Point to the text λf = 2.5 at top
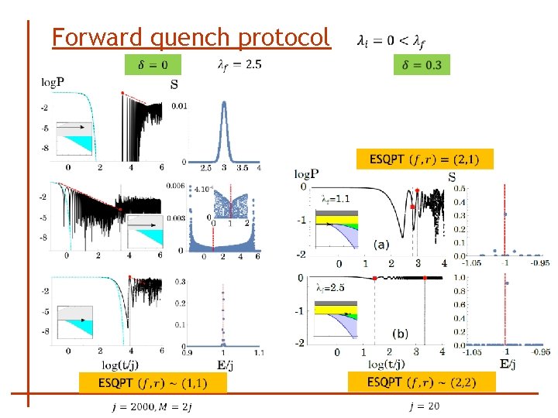[x=239, y=64]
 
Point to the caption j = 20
[x=424, y=406]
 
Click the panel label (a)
[x=381, y=244]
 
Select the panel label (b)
[x=400, y=334]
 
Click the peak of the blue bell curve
[x=224, y=104]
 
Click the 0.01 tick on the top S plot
[x=178, y=106]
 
